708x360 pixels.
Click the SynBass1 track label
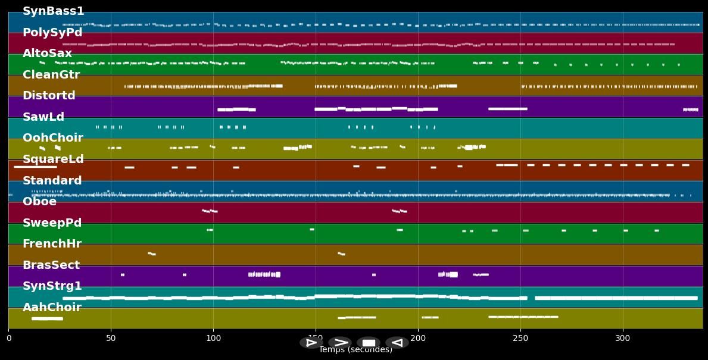(x=53, y=11)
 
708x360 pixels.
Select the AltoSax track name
(x=47, y=54)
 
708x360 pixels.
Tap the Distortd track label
(x=49, y=96)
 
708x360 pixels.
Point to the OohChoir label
(x=52, y=138)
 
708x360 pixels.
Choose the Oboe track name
(x=39, y=202)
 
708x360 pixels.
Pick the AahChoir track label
(x=52, y=308)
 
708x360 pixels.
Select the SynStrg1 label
(x=52, y=286)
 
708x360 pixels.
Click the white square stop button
(x=369, y=343)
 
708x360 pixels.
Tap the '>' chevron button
(x=340, y=343)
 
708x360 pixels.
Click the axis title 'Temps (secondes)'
(x=355, y=350)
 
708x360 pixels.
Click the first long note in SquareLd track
(x=35, y=167)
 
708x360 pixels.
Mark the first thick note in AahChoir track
(x=47, y=319)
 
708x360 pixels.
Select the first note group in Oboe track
(x=210, y=211)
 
